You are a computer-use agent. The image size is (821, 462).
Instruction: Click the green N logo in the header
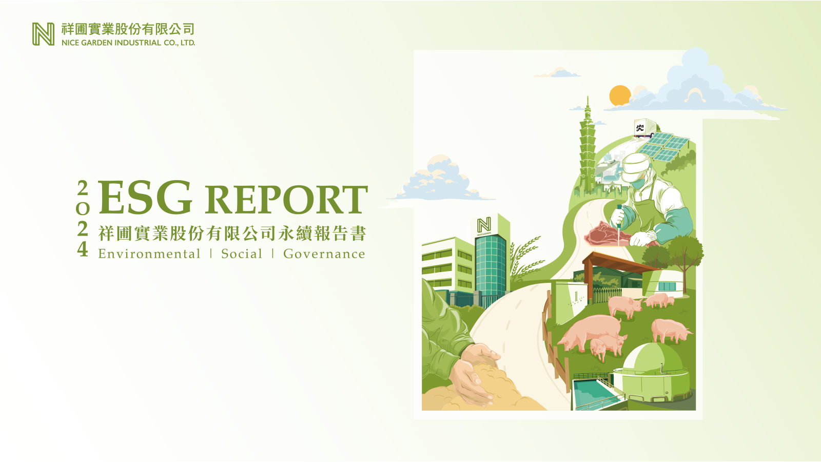click(43, 34)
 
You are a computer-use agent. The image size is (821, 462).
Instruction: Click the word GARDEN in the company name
click(97, 43)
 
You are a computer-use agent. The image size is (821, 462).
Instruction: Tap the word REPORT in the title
click(286, 200)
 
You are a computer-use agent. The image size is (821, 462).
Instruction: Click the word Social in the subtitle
click(242, 254)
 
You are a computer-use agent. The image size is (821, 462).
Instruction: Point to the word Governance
click(324, 254)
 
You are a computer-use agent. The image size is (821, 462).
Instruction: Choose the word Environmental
click(149, 254)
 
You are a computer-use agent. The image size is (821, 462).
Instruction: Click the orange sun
click(619, 95)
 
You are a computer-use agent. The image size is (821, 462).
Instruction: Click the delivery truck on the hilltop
click(644, 128)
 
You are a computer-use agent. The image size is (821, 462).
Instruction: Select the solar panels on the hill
click(663, 147)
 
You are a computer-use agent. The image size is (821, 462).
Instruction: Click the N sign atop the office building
click(484, 225)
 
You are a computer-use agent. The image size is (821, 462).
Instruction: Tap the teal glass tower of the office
click(491, 266)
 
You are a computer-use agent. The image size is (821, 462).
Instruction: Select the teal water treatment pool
click(593, 394)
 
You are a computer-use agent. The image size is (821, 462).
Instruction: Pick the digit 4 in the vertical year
click(83, 249)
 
